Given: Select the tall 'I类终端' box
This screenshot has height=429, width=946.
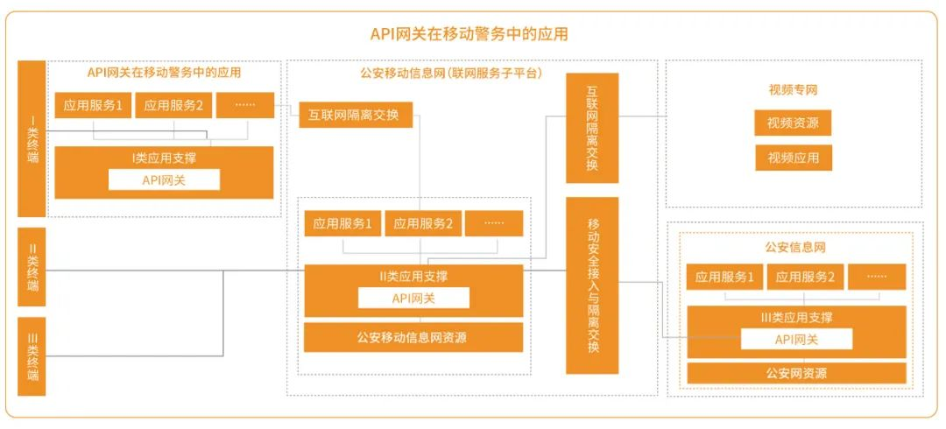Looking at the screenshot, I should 32,138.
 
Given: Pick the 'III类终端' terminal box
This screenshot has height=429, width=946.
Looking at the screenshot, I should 32,356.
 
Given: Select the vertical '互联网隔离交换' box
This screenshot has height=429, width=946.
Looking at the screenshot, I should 592,128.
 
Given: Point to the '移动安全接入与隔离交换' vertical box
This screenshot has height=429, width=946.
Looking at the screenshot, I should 592,285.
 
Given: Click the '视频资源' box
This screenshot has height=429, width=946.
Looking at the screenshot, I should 793,123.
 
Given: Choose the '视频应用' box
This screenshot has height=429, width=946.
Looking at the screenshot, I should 793,158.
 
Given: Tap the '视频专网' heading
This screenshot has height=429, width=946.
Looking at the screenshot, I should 793,89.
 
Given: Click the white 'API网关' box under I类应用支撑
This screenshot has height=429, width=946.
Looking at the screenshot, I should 164,179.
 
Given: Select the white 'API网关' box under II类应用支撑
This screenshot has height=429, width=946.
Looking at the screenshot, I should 413,298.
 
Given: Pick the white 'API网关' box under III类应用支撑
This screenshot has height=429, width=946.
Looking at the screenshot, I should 796,340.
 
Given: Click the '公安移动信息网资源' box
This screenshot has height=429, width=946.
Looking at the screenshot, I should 413,337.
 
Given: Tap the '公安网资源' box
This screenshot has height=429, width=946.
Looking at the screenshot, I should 796,373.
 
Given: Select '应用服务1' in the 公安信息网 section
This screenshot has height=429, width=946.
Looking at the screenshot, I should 724,278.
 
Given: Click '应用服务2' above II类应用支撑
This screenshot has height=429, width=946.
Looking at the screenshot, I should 423,224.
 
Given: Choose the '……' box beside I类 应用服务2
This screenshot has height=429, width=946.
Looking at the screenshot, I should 245,106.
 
